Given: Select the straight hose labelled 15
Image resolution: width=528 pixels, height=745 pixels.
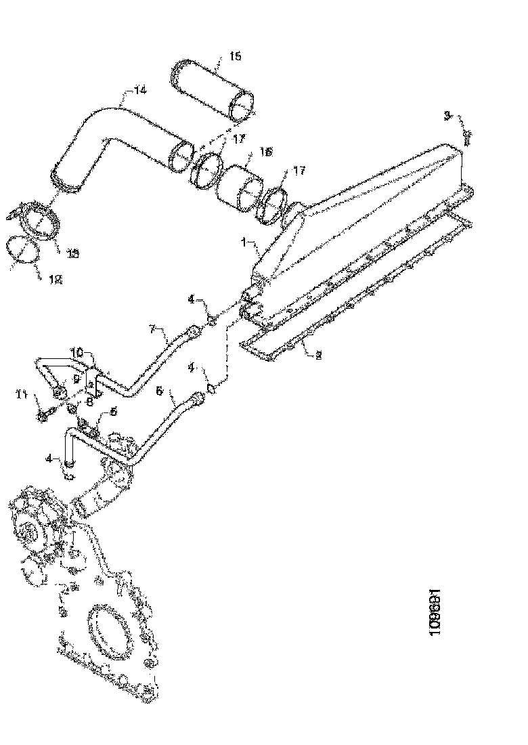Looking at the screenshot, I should coord(211,89).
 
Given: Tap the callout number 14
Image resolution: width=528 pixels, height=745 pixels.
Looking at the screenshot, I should coord(139,89).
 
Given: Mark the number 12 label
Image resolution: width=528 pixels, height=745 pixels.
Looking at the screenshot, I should coord(56,278).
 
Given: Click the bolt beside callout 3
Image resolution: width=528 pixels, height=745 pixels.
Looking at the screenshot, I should coord(468,136).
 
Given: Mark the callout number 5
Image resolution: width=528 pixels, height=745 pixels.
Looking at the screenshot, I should coord(113,410).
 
